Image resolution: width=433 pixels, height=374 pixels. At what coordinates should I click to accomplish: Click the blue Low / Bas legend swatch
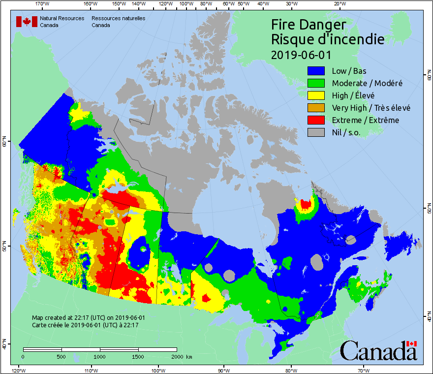(317, 71)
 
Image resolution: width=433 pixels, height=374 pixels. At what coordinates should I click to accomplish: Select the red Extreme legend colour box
(317, 120)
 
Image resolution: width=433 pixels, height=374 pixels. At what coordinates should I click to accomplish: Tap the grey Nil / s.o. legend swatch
(317, 132)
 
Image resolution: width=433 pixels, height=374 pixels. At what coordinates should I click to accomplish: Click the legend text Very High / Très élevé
(371, 108)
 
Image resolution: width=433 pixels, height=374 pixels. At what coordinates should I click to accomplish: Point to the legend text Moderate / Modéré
(367, 83)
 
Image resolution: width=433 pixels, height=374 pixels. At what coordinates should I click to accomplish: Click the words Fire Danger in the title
(309, 25)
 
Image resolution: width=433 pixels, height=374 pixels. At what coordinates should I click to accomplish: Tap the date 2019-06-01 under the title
(301, 55)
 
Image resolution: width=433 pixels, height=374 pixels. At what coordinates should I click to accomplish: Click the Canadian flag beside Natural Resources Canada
(27, 22)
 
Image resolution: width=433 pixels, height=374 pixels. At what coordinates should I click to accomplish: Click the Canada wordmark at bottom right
(378, 350)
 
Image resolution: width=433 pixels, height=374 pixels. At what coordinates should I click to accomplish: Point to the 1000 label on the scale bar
(100, 356)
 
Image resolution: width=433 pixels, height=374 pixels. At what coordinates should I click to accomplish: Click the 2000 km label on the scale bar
(181, 356)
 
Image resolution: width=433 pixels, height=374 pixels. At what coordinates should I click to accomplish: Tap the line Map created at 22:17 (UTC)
(89, 318)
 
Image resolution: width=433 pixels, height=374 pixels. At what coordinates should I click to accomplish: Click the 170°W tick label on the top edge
(43, 4)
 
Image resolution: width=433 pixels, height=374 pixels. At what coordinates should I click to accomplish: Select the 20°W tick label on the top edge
(339, 4)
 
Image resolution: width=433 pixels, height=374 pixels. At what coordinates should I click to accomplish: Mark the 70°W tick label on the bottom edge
(363, 370)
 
